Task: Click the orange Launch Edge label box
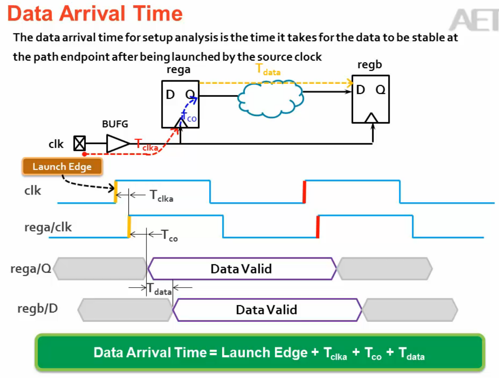62,167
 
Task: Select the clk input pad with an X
79,143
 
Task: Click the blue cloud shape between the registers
270,98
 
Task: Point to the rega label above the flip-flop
178,70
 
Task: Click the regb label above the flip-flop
370,65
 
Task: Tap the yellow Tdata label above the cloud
268,69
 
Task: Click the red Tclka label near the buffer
146,145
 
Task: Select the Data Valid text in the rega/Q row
241,269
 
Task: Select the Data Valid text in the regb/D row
267,310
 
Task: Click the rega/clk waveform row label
48,227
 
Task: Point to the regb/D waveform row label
38,309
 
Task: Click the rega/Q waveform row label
31,269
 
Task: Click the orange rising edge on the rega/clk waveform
129,226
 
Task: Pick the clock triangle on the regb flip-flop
371,118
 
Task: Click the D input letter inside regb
361,90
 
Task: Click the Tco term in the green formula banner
373,353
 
